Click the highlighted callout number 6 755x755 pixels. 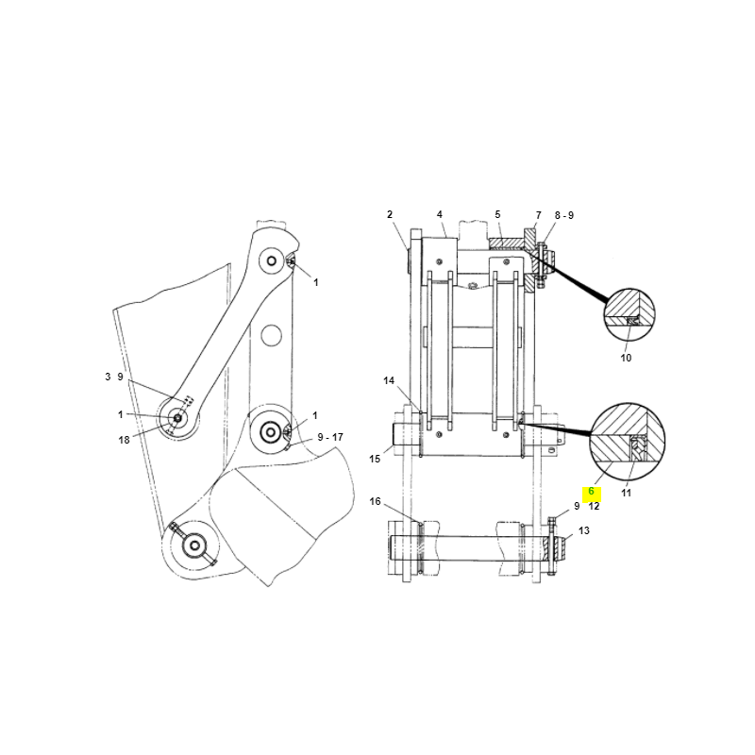pyautogui.click(x=592, y=492)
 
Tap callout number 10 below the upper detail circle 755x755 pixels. pyautogui.click(x=626, y=358)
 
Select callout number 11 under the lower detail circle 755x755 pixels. pyautogui.click(x=626, y=493)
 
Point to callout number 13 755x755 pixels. pyautogui.click(x=583, y=530)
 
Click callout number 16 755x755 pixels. pyautogui.click(x=375, y=502)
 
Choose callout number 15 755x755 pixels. pyautogui.click(x=375, y=459)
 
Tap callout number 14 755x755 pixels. pyautogui.click(x=389, y=381)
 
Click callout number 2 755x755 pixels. pyautogui.click(x=390, y=215)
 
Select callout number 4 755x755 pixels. pyautogui.click(x=439, y=215)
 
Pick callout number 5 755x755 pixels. pyautogui.click(x=497, y=215)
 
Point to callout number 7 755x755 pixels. pyautogui.click(x=538, y=216)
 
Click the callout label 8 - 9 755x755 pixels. pyautogui.click(x=563, y=216)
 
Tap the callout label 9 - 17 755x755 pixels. pyautogui.click(x=330, y=437)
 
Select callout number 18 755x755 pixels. pyautogui.click(x=124, y=440)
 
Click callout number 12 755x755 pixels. pyautogui.click(x=594, y=507)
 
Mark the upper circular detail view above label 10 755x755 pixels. pyautogui.click(x=629, y=314)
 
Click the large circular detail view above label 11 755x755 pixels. pyautogui.click(x=628, y=441)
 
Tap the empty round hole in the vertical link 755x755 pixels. pyautogui.click(x=271, y=335)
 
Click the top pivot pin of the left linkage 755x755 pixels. pyautogui.click(x=272, y=261)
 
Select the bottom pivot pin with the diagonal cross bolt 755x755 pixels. pyautogui.click(x=194, y=545)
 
